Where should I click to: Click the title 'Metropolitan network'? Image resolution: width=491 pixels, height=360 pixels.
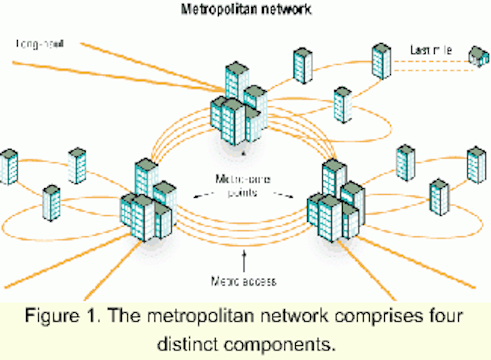(x=246, y=9)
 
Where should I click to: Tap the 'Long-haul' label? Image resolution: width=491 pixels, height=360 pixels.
(x=40, y=44)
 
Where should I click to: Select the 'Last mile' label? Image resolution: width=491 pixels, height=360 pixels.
(x=431, y=50)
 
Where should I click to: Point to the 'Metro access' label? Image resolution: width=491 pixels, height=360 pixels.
(x=243, y=281)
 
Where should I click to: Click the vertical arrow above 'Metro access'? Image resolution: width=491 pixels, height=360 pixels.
(x=244, y=261)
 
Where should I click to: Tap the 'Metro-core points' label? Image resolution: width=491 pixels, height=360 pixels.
(x=243, y=186)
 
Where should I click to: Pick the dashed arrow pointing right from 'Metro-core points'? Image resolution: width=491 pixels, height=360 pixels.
(x=283, y=195)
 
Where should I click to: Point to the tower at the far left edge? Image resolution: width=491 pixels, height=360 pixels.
(x=9, y=167)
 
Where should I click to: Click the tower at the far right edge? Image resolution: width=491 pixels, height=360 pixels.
(x=476, y=165)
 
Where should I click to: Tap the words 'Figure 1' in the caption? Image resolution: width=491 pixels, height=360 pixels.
(x=60, y=316)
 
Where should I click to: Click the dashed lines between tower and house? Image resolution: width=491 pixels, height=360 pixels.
(x=433, y=66)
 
